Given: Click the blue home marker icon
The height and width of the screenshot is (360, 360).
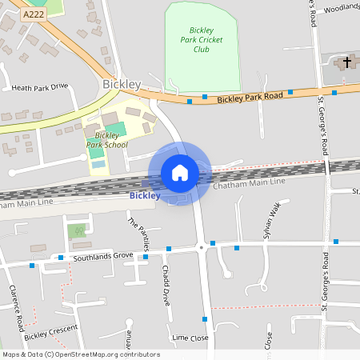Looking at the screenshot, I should point(180,173).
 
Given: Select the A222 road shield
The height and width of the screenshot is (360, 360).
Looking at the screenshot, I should point(34,14).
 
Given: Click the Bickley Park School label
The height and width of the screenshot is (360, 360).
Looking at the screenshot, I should point(106,140).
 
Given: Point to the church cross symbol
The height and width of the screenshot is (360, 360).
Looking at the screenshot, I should point(346,62).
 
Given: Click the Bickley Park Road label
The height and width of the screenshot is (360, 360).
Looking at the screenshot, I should point(250,98).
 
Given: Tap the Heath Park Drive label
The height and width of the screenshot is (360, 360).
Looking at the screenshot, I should point(38,86).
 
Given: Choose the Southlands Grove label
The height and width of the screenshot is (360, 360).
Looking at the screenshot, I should point(102,256).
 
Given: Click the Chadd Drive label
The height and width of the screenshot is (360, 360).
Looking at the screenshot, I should point(166,285).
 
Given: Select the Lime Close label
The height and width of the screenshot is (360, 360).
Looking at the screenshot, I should point(190,338).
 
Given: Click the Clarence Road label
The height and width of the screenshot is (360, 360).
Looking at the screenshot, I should point(16,308).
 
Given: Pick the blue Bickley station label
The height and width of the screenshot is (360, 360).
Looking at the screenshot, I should point(145,195).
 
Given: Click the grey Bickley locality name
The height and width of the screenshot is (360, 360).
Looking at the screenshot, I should point(122,84).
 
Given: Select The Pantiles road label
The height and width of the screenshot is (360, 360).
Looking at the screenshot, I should point(137,234).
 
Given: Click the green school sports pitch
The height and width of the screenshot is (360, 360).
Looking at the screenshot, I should point(115,129).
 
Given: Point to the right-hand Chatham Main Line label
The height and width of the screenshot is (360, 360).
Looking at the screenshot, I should point(249,186).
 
